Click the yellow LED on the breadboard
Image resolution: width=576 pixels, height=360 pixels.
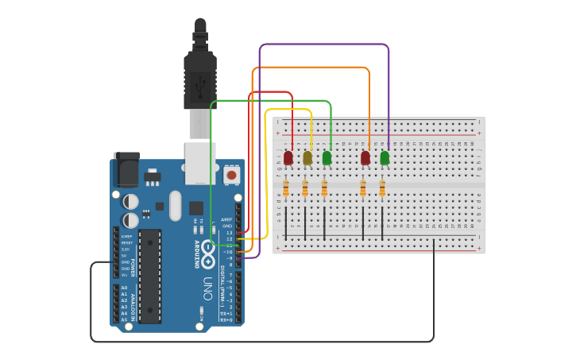pos(307,157)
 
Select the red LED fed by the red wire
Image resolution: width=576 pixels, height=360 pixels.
pos(288,157)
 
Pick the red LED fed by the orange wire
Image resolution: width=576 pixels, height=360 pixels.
pos(365,157)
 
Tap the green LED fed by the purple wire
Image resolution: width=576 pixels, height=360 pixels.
pos(385,157)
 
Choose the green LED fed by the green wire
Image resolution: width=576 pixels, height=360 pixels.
pos(327,157)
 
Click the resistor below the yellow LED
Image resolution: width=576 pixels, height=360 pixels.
pos(305,188)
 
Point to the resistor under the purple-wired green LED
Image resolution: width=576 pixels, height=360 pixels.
pos(382,188)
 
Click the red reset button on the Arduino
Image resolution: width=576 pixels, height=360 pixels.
pos(231,174)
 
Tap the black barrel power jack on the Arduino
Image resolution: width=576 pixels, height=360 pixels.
pos(126,169)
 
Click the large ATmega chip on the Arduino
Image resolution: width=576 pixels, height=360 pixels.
pos(149,277)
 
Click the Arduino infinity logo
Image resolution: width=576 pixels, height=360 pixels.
pos(207,253)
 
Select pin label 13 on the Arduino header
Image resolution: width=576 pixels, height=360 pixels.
pos(229,232)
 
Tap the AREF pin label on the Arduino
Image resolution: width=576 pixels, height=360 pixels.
pos(226,219)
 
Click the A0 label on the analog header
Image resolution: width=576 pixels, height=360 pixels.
pos(123,288)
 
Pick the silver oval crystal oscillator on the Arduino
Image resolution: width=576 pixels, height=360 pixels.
pos(176,206)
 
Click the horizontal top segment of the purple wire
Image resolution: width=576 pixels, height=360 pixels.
pos(324,45)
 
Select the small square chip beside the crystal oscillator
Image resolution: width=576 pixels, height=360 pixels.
pos(195,208)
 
